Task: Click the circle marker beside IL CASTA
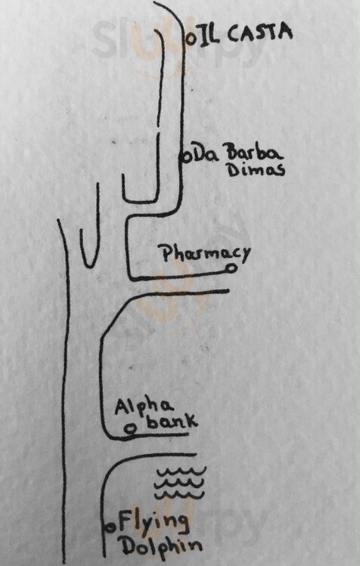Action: pyautogui.click(x=191, y=39)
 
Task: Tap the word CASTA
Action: pyautogui.click(x=259, y=32)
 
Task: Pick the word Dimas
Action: pyautogui.click(x=256, y=170)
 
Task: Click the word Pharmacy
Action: pyautogui.click(x=206, y=254)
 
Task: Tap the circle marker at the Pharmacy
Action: pyautogui.click(x=231, y=268)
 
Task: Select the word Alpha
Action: pyautogui.click(x=144, y=408)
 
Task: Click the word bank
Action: pyautogui.click(x=172, y=421)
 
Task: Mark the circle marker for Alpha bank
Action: pyautogui.click(x=130, y=428)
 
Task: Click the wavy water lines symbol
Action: pyautogui.click(x=180, y=483)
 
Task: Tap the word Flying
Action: pyautogui.click(x=154, y=522)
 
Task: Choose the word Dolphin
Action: pyautogui.click(x=161, y=546)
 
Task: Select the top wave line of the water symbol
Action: pyautogui.click(x=181, y=472)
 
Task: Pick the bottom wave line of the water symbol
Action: pyautogui.click(x=179, y=493)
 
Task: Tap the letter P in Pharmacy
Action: pyautogui.click(x=167, y=253)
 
